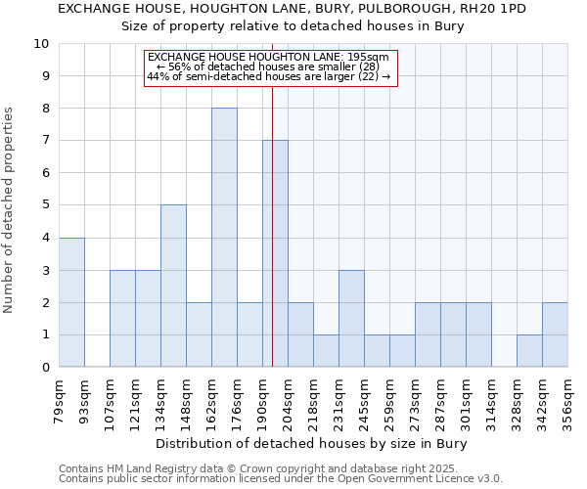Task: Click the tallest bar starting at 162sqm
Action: (224, 238)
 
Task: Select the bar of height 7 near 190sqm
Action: (275, 254)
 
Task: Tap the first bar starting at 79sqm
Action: (71, 302)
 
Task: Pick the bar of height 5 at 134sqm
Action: (173, 286)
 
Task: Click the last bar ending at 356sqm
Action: (555, 334)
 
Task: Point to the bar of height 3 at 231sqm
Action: (351, 319)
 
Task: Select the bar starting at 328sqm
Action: (529, 351)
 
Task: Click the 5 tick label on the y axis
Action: (45, 205)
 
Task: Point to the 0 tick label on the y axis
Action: (45, 367)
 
